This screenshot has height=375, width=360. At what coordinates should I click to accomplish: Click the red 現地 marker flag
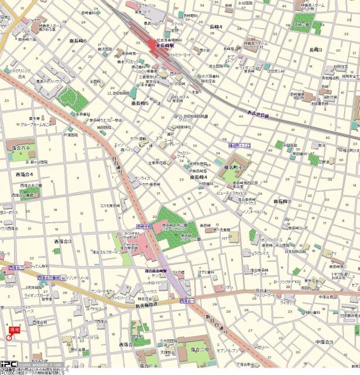(x=14, y=331)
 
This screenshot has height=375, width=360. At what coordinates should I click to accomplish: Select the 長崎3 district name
(x=316, y=50)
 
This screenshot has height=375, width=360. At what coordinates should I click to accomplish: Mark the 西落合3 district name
(x=63, y=241)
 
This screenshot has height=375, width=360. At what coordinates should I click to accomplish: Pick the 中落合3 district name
(x=323, y=342)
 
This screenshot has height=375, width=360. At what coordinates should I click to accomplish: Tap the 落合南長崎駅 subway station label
(x=157, y=271)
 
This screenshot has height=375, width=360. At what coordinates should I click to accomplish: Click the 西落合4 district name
(x=24, y=174)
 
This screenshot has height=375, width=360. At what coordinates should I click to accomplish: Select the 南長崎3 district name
(x=282, y=201)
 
